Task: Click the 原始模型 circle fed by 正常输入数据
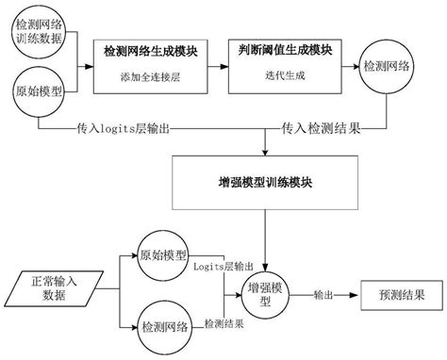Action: coord(161,257)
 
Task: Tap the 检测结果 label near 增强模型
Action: coord(224,323)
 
